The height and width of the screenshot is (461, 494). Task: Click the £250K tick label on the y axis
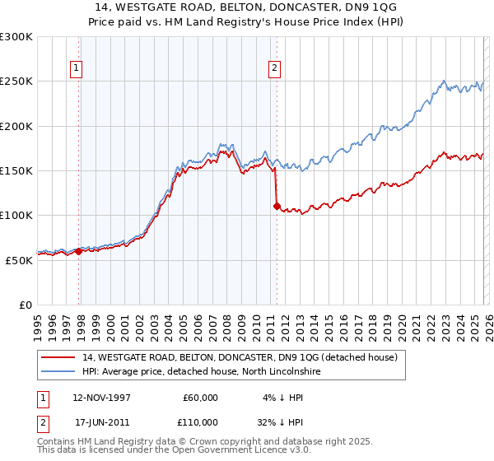[x=16, y=81]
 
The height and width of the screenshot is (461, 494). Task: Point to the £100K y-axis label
[x=16, y=215]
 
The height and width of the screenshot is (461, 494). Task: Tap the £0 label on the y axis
[x=25, y=305]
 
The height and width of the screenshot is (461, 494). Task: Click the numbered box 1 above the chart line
[x=77, y=69]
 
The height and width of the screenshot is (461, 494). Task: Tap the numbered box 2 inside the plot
[x=274, y=69]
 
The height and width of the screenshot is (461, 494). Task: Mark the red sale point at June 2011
[x=277, y=207]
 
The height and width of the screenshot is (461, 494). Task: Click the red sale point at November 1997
[x=79, y=251]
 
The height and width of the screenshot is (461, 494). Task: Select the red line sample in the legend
[x=58, y=357]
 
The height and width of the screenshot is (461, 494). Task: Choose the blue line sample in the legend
[x=58, y=371]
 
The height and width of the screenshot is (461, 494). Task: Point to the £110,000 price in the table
[x=200, y=421]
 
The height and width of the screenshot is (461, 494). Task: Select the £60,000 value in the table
[x=200, y=398]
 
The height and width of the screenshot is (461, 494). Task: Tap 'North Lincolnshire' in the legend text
[x=277, y=371]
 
